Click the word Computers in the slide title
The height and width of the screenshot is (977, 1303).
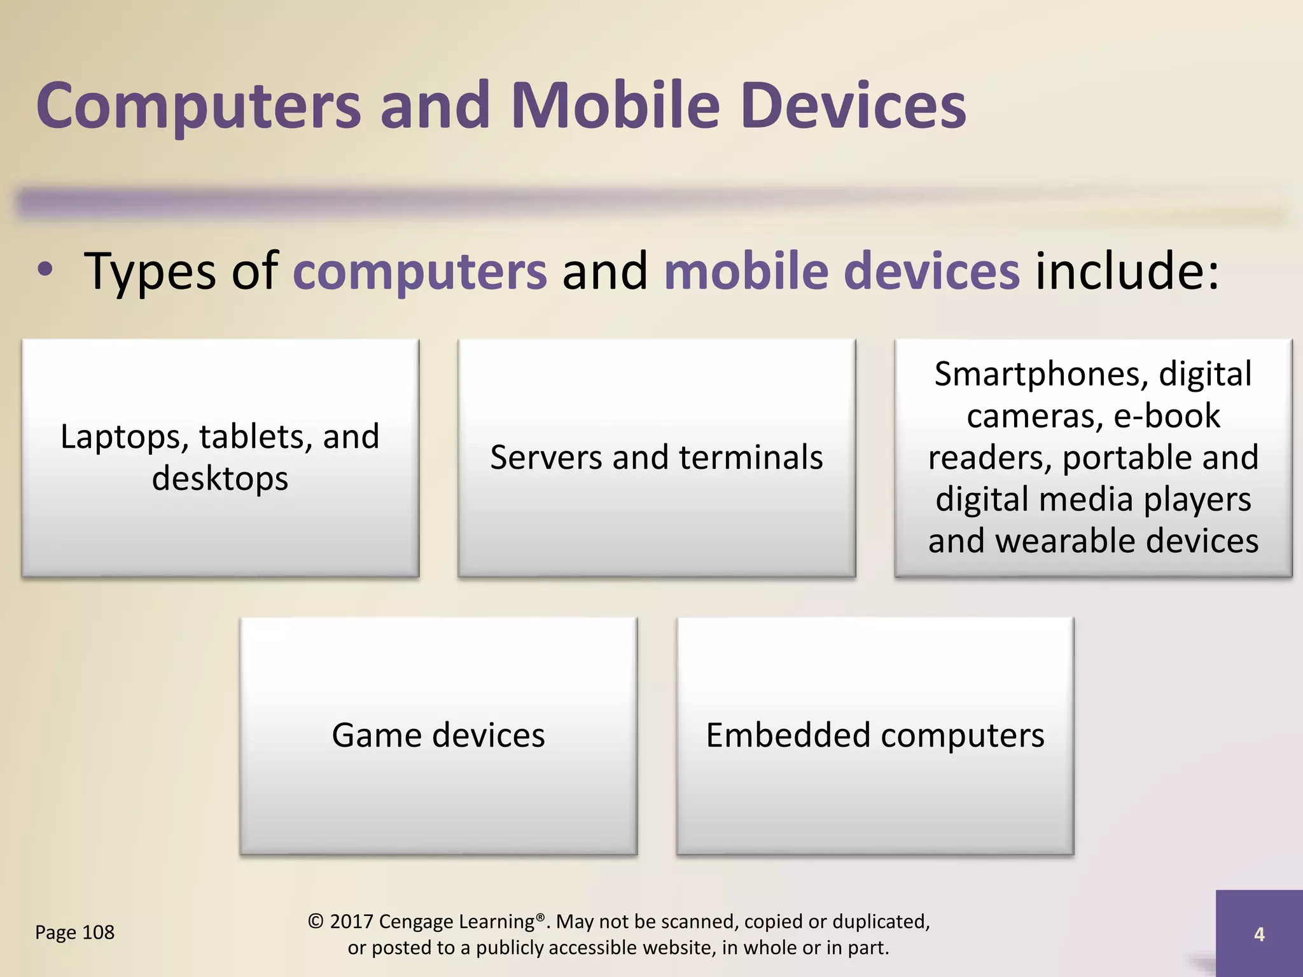(199, 107)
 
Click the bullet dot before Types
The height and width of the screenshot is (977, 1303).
(45, 270)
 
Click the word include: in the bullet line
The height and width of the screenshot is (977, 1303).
(1127, 270)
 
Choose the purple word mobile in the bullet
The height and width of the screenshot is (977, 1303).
(745, 270)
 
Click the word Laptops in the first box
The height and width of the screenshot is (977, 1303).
(125, 438)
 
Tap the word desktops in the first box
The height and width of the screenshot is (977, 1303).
(220, 478)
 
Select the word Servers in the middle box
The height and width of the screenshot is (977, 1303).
(546, 457)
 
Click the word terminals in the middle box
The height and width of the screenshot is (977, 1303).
(751, 457)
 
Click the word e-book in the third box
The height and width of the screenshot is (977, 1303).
(1167, 416)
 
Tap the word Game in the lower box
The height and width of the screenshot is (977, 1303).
(377, 735)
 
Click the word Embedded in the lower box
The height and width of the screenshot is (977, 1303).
(788, 735)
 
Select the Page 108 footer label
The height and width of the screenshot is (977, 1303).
(74, 932)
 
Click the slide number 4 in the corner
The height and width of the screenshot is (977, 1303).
(1258, 934)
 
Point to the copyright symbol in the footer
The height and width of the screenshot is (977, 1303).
(316, 921)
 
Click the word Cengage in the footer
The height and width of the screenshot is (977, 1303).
(417, 922)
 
